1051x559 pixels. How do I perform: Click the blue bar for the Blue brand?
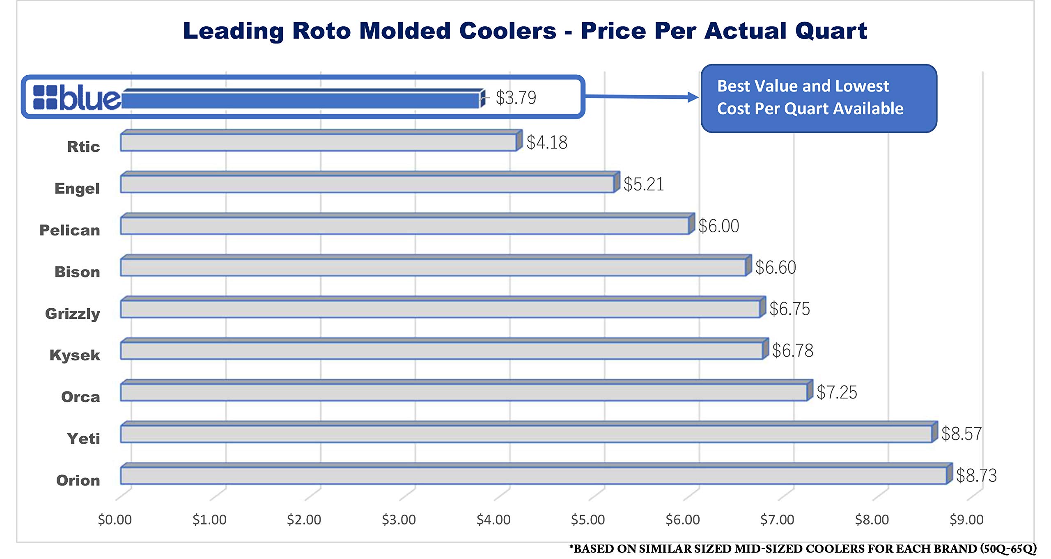point(302,100)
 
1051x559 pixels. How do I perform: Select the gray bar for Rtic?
point(318,142)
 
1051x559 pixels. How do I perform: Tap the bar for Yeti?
point(525,433)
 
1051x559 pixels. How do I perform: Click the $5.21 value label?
point(643,184)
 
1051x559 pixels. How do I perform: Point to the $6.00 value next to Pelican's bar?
point(718,226)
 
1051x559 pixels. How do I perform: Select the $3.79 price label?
point(516,98)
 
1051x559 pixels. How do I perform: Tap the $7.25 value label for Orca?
point(836,392)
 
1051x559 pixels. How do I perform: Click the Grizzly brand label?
point(73,314)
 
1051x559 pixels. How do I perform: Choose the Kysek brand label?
point(75,355)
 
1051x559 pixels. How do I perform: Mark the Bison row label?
point(77,272)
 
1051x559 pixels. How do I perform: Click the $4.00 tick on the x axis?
point(493,520)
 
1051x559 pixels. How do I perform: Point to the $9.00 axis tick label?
point(966,520)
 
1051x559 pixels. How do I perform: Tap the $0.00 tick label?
point(115,520)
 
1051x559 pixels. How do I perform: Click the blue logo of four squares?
point(45,97)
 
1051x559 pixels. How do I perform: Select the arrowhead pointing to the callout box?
point(693,97)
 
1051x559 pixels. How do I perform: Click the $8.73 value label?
point(976,475)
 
